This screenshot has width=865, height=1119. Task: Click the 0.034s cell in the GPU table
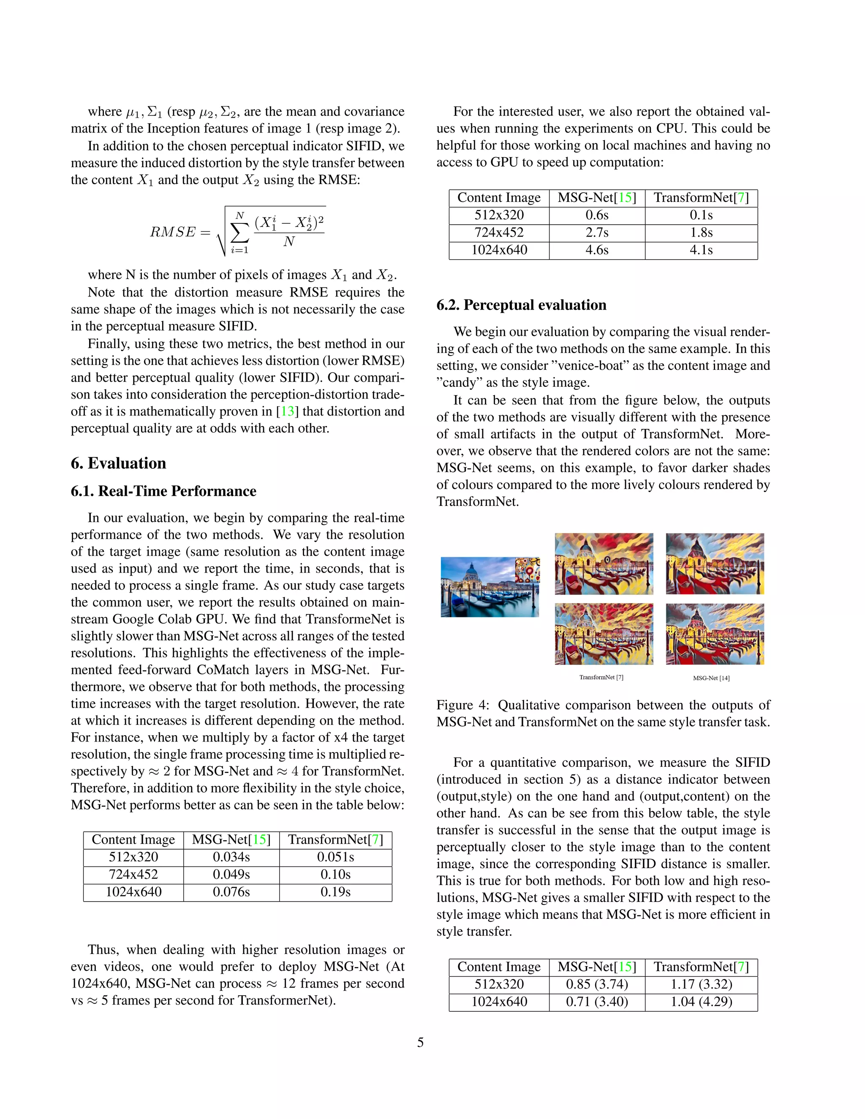(231, 857)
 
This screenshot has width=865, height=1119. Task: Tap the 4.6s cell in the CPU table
(596, 250)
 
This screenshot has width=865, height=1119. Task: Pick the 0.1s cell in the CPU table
(701, 215)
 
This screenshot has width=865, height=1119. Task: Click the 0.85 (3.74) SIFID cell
(596, 984)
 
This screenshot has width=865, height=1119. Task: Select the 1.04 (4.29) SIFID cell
(701, 1002)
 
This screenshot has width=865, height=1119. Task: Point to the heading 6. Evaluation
(118, 463)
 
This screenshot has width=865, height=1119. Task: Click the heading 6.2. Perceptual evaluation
(521, 305)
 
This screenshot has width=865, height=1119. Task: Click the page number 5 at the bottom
(420, 1042)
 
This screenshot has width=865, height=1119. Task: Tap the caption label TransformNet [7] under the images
(601, 677)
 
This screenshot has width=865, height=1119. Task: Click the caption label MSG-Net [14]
(711, 678)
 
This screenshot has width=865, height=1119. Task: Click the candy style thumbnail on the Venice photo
(527, 569)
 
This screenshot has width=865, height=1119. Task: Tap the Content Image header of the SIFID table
(499, 967)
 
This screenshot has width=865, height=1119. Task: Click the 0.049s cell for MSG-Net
(231, 875)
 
